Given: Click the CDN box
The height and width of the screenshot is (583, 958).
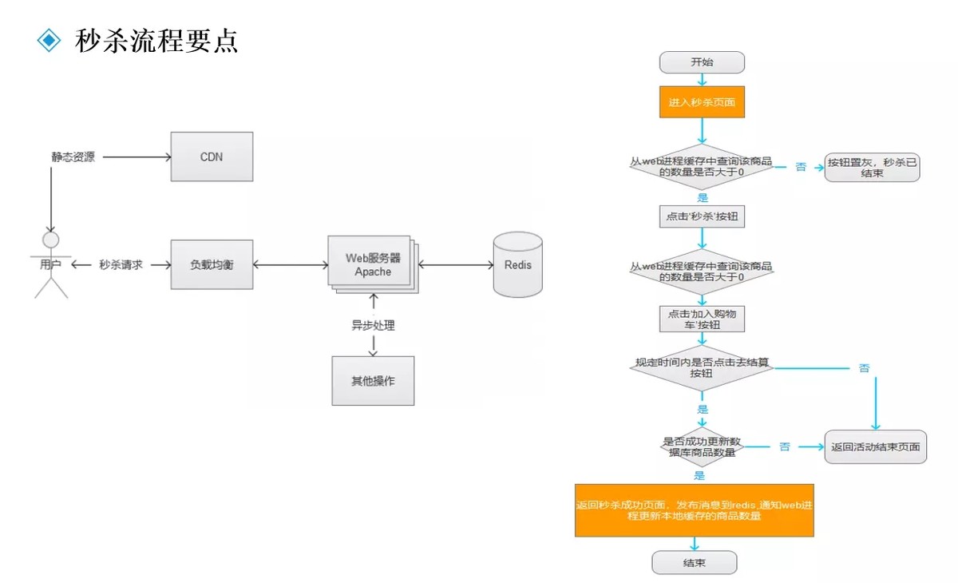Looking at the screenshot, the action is (212, 157).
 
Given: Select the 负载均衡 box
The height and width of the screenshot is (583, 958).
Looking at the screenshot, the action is (212, 264).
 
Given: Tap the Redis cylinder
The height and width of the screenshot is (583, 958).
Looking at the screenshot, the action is (518, 264).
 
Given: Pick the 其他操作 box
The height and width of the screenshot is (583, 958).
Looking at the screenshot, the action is (373, 381).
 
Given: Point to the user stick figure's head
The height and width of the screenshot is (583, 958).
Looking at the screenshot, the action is (51, 240).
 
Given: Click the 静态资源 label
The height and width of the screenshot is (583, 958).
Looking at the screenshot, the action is (73, 157).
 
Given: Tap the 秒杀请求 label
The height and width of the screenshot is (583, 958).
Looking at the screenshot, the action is (121, 265).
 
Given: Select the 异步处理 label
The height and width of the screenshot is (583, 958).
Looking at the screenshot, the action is (373, 326).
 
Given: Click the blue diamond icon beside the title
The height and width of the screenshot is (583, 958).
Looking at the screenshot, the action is (49, 40).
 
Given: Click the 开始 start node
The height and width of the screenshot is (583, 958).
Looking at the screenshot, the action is (702, 62).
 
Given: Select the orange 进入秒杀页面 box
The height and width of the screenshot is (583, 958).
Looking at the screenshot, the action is (702, 101).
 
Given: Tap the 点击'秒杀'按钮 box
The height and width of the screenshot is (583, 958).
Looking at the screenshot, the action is (702, 216).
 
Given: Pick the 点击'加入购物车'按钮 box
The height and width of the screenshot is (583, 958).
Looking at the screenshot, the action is (702, 319).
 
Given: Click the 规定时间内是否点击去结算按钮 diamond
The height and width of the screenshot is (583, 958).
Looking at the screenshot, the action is (702, 368).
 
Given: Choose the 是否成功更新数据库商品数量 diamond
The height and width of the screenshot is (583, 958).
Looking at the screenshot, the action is (702, 447).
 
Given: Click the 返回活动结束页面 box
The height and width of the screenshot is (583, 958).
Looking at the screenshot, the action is (876, 447).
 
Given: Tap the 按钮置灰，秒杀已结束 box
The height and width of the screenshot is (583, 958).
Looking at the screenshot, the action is (872, 168).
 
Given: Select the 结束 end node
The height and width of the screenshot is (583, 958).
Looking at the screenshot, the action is (694, 562).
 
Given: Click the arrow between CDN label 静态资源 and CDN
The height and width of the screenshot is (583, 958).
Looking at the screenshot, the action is (137, 157).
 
